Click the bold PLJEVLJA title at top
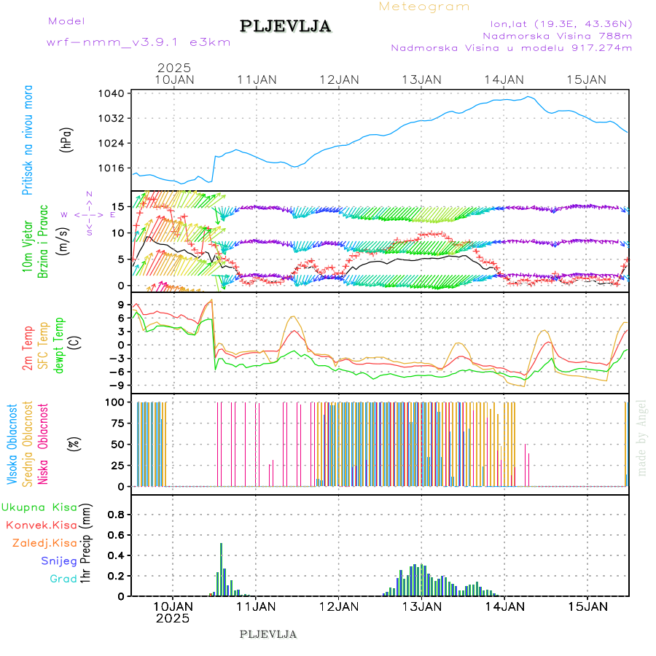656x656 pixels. tap(286, 26)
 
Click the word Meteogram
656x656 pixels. tap(424, 7)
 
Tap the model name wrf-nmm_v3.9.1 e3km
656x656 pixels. tap(138, 42)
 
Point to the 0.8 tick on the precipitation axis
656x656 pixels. tap(117, 514)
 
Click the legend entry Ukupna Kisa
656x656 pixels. tap(39, 507)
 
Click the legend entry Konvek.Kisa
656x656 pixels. tap(42, 525)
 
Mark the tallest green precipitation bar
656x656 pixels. tap(221, 569)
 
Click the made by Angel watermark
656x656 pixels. tap(642, 437)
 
